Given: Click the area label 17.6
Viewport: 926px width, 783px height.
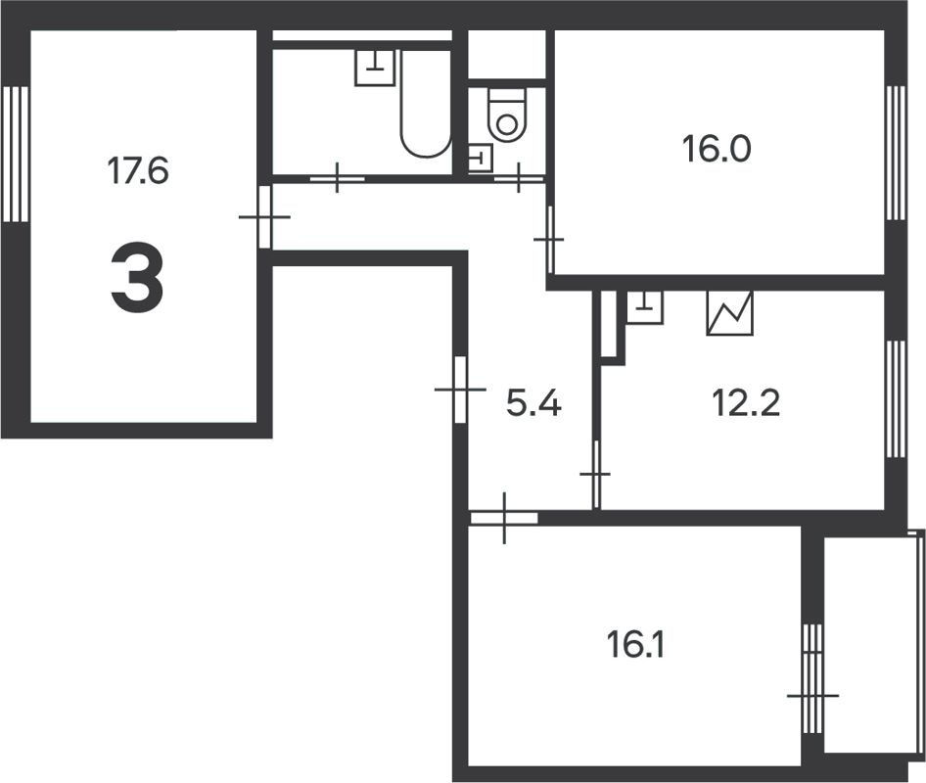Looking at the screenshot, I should [x=138, y=171].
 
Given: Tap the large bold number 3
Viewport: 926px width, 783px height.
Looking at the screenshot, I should [x=137, y=280].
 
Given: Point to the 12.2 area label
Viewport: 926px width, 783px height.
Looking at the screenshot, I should [x=747, y=402].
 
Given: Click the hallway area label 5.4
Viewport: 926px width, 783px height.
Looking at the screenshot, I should [x=533, y=402].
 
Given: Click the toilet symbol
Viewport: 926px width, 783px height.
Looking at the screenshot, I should [x=506, y=115].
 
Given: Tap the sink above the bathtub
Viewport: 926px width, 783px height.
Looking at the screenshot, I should [x=374, y=68].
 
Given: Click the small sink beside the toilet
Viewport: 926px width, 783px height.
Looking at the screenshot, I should [x=481, y=158].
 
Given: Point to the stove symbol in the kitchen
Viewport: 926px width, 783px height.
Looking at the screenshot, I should [x=730, y=313].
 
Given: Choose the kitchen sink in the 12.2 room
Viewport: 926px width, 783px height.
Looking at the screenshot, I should [x=644, y=307].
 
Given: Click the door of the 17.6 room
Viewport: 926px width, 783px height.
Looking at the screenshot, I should [x=263, y=216].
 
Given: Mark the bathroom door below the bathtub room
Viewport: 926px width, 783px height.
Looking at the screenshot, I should [x=337, y=179].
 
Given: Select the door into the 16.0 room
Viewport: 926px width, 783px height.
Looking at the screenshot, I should [x=549, y=239].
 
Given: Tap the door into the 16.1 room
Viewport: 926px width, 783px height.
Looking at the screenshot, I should [x=503, y=518].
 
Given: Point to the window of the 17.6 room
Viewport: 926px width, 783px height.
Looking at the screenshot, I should [x=15, y=154].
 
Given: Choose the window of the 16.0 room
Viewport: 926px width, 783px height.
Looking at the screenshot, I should [x=894, y=152].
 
